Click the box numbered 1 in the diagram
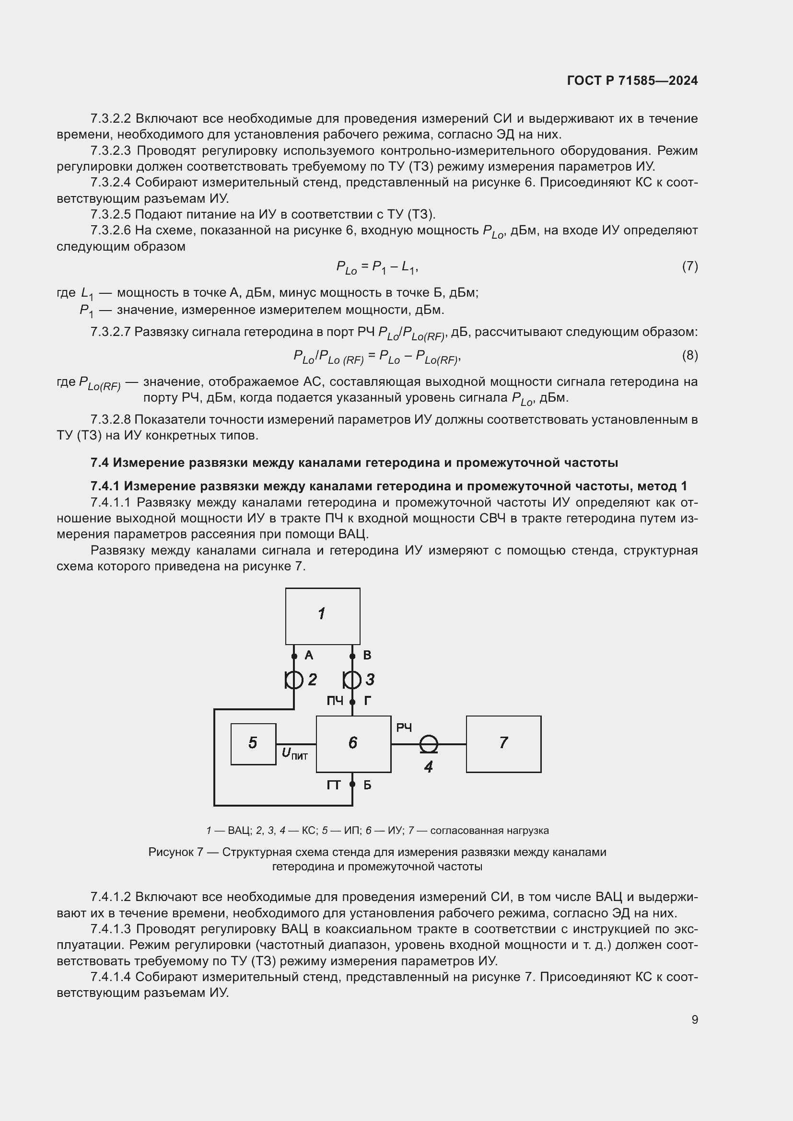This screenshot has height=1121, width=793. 323,616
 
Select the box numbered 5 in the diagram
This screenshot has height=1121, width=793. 253,744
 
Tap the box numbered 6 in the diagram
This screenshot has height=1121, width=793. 353,744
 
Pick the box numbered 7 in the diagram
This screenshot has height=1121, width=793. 503,744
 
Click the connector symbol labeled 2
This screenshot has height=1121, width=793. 294,679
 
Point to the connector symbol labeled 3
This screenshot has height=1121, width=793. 352,679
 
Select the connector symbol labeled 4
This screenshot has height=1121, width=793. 429,744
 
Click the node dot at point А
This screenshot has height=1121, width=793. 294,656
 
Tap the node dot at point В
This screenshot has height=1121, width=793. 352,656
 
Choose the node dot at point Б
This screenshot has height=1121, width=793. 352,785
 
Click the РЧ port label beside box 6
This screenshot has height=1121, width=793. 404,728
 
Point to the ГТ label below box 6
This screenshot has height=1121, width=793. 334,785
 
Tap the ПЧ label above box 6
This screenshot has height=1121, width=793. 335,701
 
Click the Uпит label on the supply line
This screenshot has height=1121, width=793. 295,754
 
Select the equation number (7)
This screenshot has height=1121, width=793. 689,266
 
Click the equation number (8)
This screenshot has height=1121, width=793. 689,356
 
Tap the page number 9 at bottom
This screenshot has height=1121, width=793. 694,1019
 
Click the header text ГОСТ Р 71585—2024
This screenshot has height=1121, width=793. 632,81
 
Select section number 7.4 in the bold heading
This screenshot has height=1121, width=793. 100,462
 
